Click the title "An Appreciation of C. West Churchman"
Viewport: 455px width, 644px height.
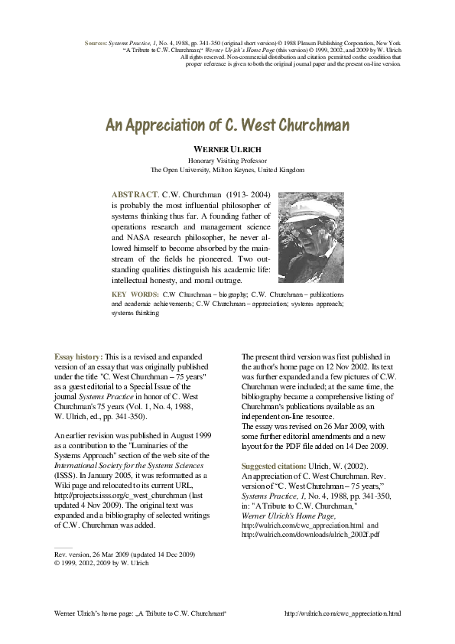point(227,125)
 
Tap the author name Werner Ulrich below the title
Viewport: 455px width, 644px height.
point(227,149)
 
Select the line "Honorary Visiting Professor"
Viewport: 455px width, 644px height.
point(227,161)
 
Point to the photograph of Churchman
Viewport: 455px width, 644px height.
point(311,237)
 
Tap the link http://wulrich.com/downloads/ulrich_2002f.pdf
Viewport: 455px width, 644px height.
point(310,535)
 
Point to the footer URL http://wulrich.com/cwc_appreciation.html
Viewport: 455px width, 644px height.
point(342,613)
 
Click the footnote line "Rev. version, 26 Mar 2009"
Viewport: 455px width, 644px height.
point(99,553)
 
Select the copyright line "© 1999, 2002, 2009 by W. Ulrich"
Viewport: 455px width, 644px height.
point(102,563)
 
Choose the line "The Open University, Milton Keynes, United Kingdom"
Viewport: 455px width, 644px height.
point(227,171)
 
